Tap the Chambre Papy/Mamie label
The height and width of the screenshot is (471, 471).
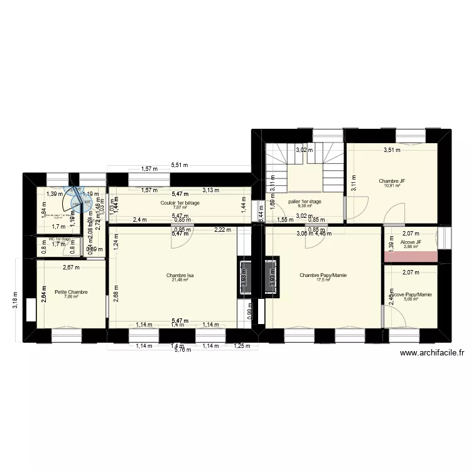[323, 275]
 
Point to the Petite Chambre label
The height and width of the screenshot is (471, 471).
[71, 292]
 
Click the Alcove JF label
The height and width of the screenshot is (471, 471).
[411, 242]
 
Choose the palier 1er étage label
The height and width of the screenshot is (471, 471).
[305, 202]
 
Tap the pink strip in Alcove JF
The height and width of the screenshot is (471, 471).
[411, 256]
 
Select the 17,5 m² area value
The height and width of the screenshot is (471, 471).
[323, 280]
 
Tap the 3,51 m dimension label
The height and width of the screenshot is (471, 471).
[393, 149]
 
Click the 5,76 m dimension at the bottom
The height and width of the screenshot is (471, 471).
[181, 350]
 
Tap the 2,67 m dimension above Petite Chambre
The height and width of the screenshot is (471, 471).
[71, 268]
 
